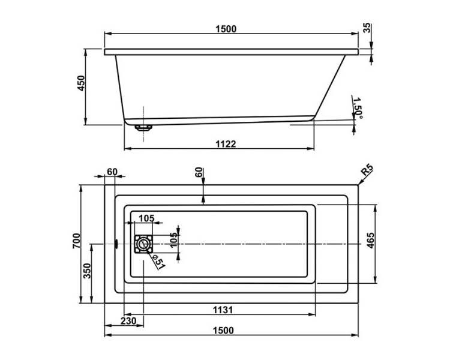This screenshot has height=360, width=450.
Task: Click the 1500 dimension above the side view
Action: click(226, 29)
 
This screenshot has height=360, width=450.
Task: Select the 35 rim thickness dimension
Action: click(367, 28)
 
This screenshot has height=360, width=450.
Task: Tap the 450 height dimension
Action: click(82, 83)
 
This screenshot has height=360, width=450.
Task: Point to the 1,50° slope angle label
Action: click(358, 108)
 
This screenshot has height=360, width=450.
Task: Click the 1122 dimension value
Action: click(226, 144)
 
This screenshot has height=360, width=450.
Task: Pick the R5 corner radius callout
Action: click(367, 170)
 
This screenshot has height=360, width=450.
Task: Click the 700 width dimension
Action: click(76, 241)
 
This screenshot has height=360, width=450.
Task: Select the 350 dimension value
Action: click(86, 271)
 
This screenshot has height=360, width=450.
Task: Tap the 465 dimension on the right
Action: click(370, 240)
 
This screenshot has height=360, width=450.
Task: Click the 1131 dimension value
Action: click(223, 310)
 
